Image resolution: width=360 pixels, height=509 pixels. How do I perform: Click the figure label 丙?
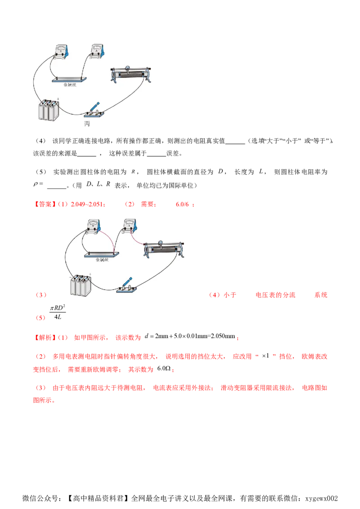pyautogui.click(x=87, y=124)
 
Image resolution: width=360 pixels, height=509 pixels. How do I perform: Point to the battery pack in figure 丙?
pyautogui.click(x=49, y=110)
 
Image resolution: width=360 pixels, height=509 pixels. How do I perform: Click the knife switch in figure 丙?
pyautogui.click(x=94, y=110)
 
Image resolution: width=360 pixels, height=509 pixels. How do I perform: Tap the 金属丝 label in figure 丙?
pyautogui.click(x=70, y=85)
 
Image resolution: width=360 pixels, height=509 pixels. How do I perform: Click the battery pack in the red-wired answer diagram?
pyautogui.click(x=81, y=285)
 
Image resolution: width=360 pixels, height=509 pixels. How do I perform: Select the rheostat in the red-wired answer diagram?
pyautogui.click(x=164, y=249)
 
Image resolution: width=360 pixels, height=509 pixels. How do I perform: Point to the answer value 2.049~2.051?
pyautogui.click(x=86, y=204)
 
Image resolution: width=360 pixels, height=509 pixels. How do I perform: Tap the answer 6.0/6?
pyautogui.click(x=182, y=204)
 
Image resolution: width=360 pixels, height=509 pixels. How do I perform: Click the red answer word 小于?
pyautogui.click(x=229, y=295)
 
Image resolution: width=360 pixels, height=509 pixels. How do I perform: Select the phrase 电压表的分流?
pyautogui.click(x=275, y=295)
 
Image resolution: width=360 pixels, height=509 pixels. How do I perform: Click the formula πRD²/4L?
pyautogui.click(x=58, y=313)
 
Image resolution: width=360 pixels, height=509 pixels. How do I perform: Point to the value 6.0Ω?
pyautogui.click(x=164, y=368)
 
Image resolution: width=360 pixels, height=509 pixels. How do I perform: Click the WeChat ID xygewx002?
pyautogui.click(x=321, y=498)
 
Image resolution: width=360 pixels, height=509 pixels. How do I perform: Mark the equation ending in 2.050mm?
pyautogui.click(x=190, y=336)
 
